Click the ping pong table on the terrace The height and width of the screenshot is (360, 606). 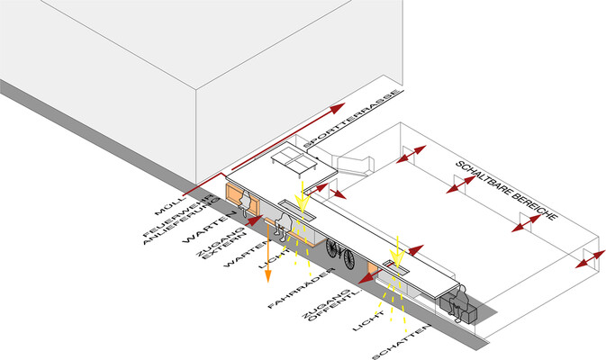pos(294,159)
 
